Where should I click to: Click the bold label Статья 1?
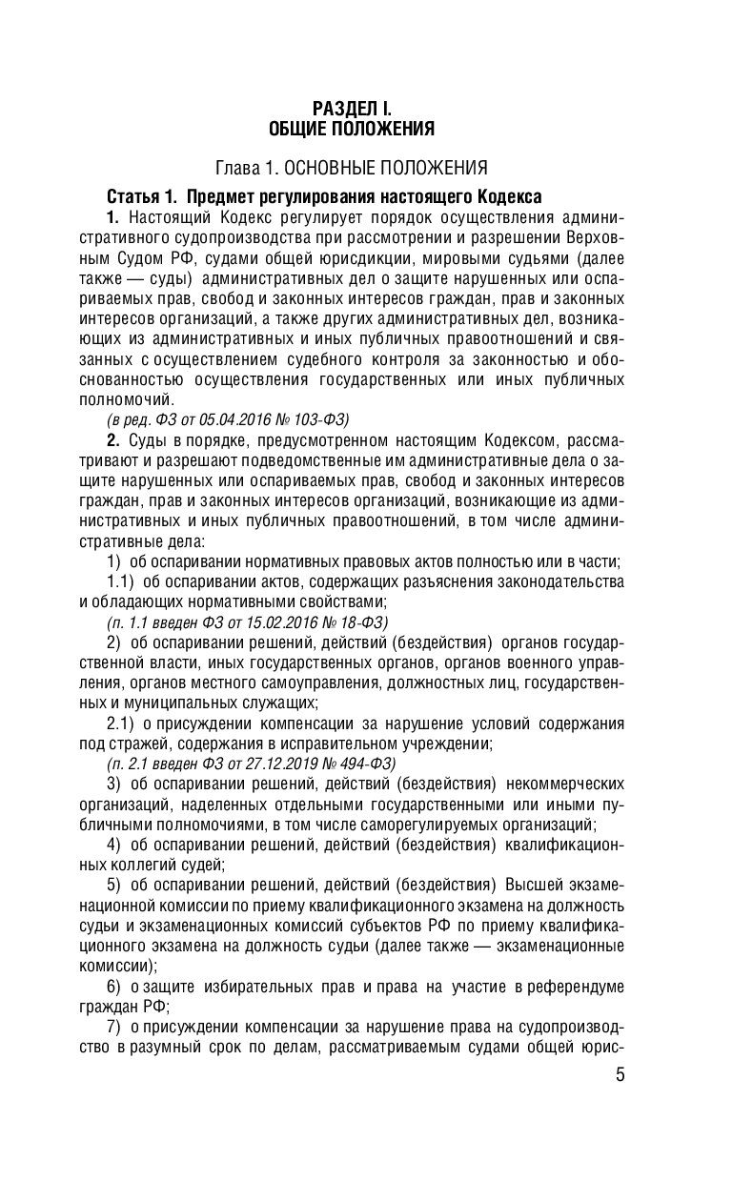(142, 197)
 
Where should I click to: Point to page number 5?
(620, 1076)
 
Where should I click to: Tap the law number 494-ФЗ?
(365, 764)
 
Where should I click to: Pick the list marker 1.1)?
(123, 581)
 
